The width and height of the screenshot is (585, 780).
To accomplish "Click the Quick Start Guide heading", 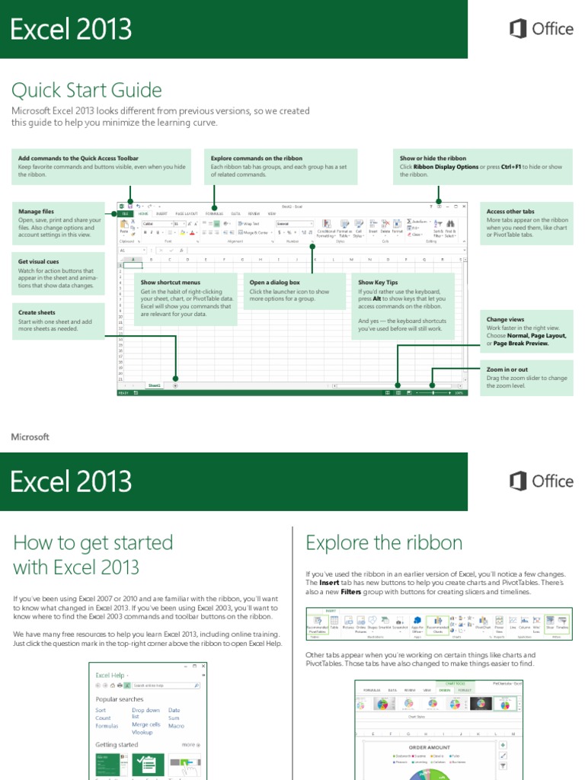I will click(86, 91).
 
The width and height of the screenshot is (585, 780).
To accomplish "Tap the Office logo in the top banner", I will click(541, 29).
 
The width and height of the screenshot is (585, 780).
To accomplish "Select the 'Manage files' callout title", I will click(36, 211).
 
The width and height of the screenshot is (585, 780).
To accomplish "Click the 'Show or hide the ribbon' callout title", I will click(433, 158).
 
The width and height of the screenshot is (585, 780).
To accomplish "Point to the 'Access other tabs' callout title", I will click(510, 211).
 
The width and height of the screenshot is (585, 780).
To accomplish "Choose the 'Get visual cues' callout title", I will click(38, 261).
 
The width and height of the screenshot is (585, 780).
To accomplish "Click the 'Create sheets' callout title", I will click(37, 312).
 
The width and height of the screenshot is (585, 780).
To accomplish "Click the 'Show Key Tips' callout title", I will click(378, 282).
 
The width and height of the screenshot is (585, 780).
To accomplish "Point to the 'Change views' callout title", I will click(505, 319).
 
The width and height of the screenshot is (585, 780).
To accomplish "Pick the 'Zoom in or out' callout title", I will click(507, 369).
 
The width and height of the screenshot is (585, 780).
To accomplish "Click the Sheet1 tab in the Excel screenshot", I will click(155, 386).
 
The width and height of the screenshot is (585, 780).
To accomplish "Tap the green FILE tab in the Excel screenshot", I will click(125, 214).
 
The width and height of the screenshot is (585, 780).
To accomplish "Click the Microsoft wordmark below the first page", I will click(30, 437).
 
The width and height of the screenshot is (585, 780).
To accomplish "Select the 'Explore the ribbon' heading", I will click(384, 543).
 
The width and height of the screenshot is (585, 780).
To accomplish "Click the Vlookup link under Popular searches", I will click(142, 732).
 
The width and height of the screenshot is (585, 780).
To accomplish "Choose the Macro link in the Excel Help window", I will click(176, 725).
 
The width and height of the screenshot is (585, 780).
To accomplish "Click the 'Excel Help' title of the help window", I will click(110, 675).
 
